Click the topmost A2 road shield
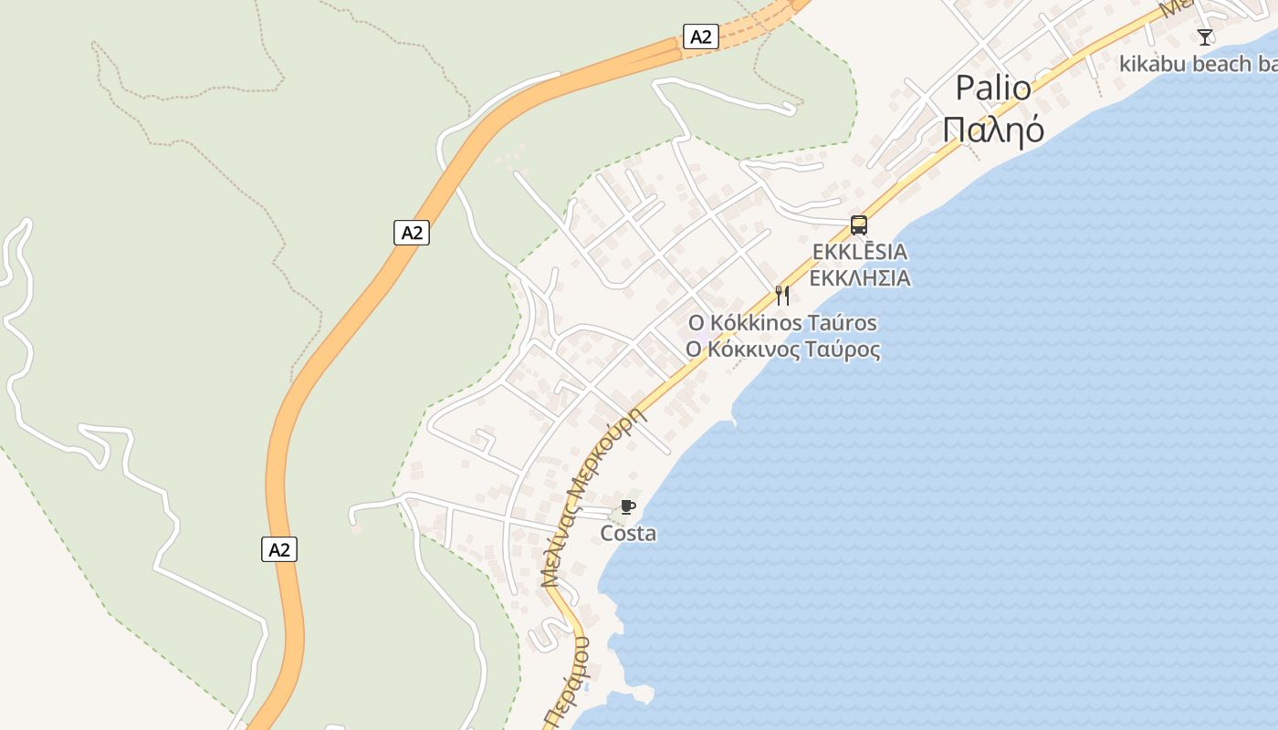pyautogui.click(x=700, y=36)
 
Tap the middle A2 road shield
pyautogui.click(x=412, y=233)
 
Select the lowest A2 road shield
pyautogui.click(x=279, y=549)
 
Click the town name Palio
pyautogui.click(x=993, y=89)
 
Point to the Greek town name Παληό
pyautogui.click(x=993, y=130)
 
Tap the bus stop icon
pyautogui.click(x=858, y=224)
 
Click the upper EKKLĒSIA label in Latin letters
pyautogui.click(x=859, y=252)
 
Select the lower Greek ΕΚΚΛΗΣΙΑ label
pyautogui.click(x=859, y=278)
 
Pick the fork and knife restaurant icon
pyautogui.click(x=781, y=295)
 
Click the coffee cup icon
pyautogui.click(x=627, y=506)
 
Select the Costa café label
pyautogui.click(x=628, y=533)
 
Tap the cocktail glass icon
pyautogui.click(x=1205, y=37)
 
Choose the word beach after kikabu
pyautogui.click(x=1220, y=64)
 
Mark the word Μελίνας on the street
pyautogui.click(x=559, y=544)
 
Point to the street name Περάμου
pyautogui.click(x=566, y=684)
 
